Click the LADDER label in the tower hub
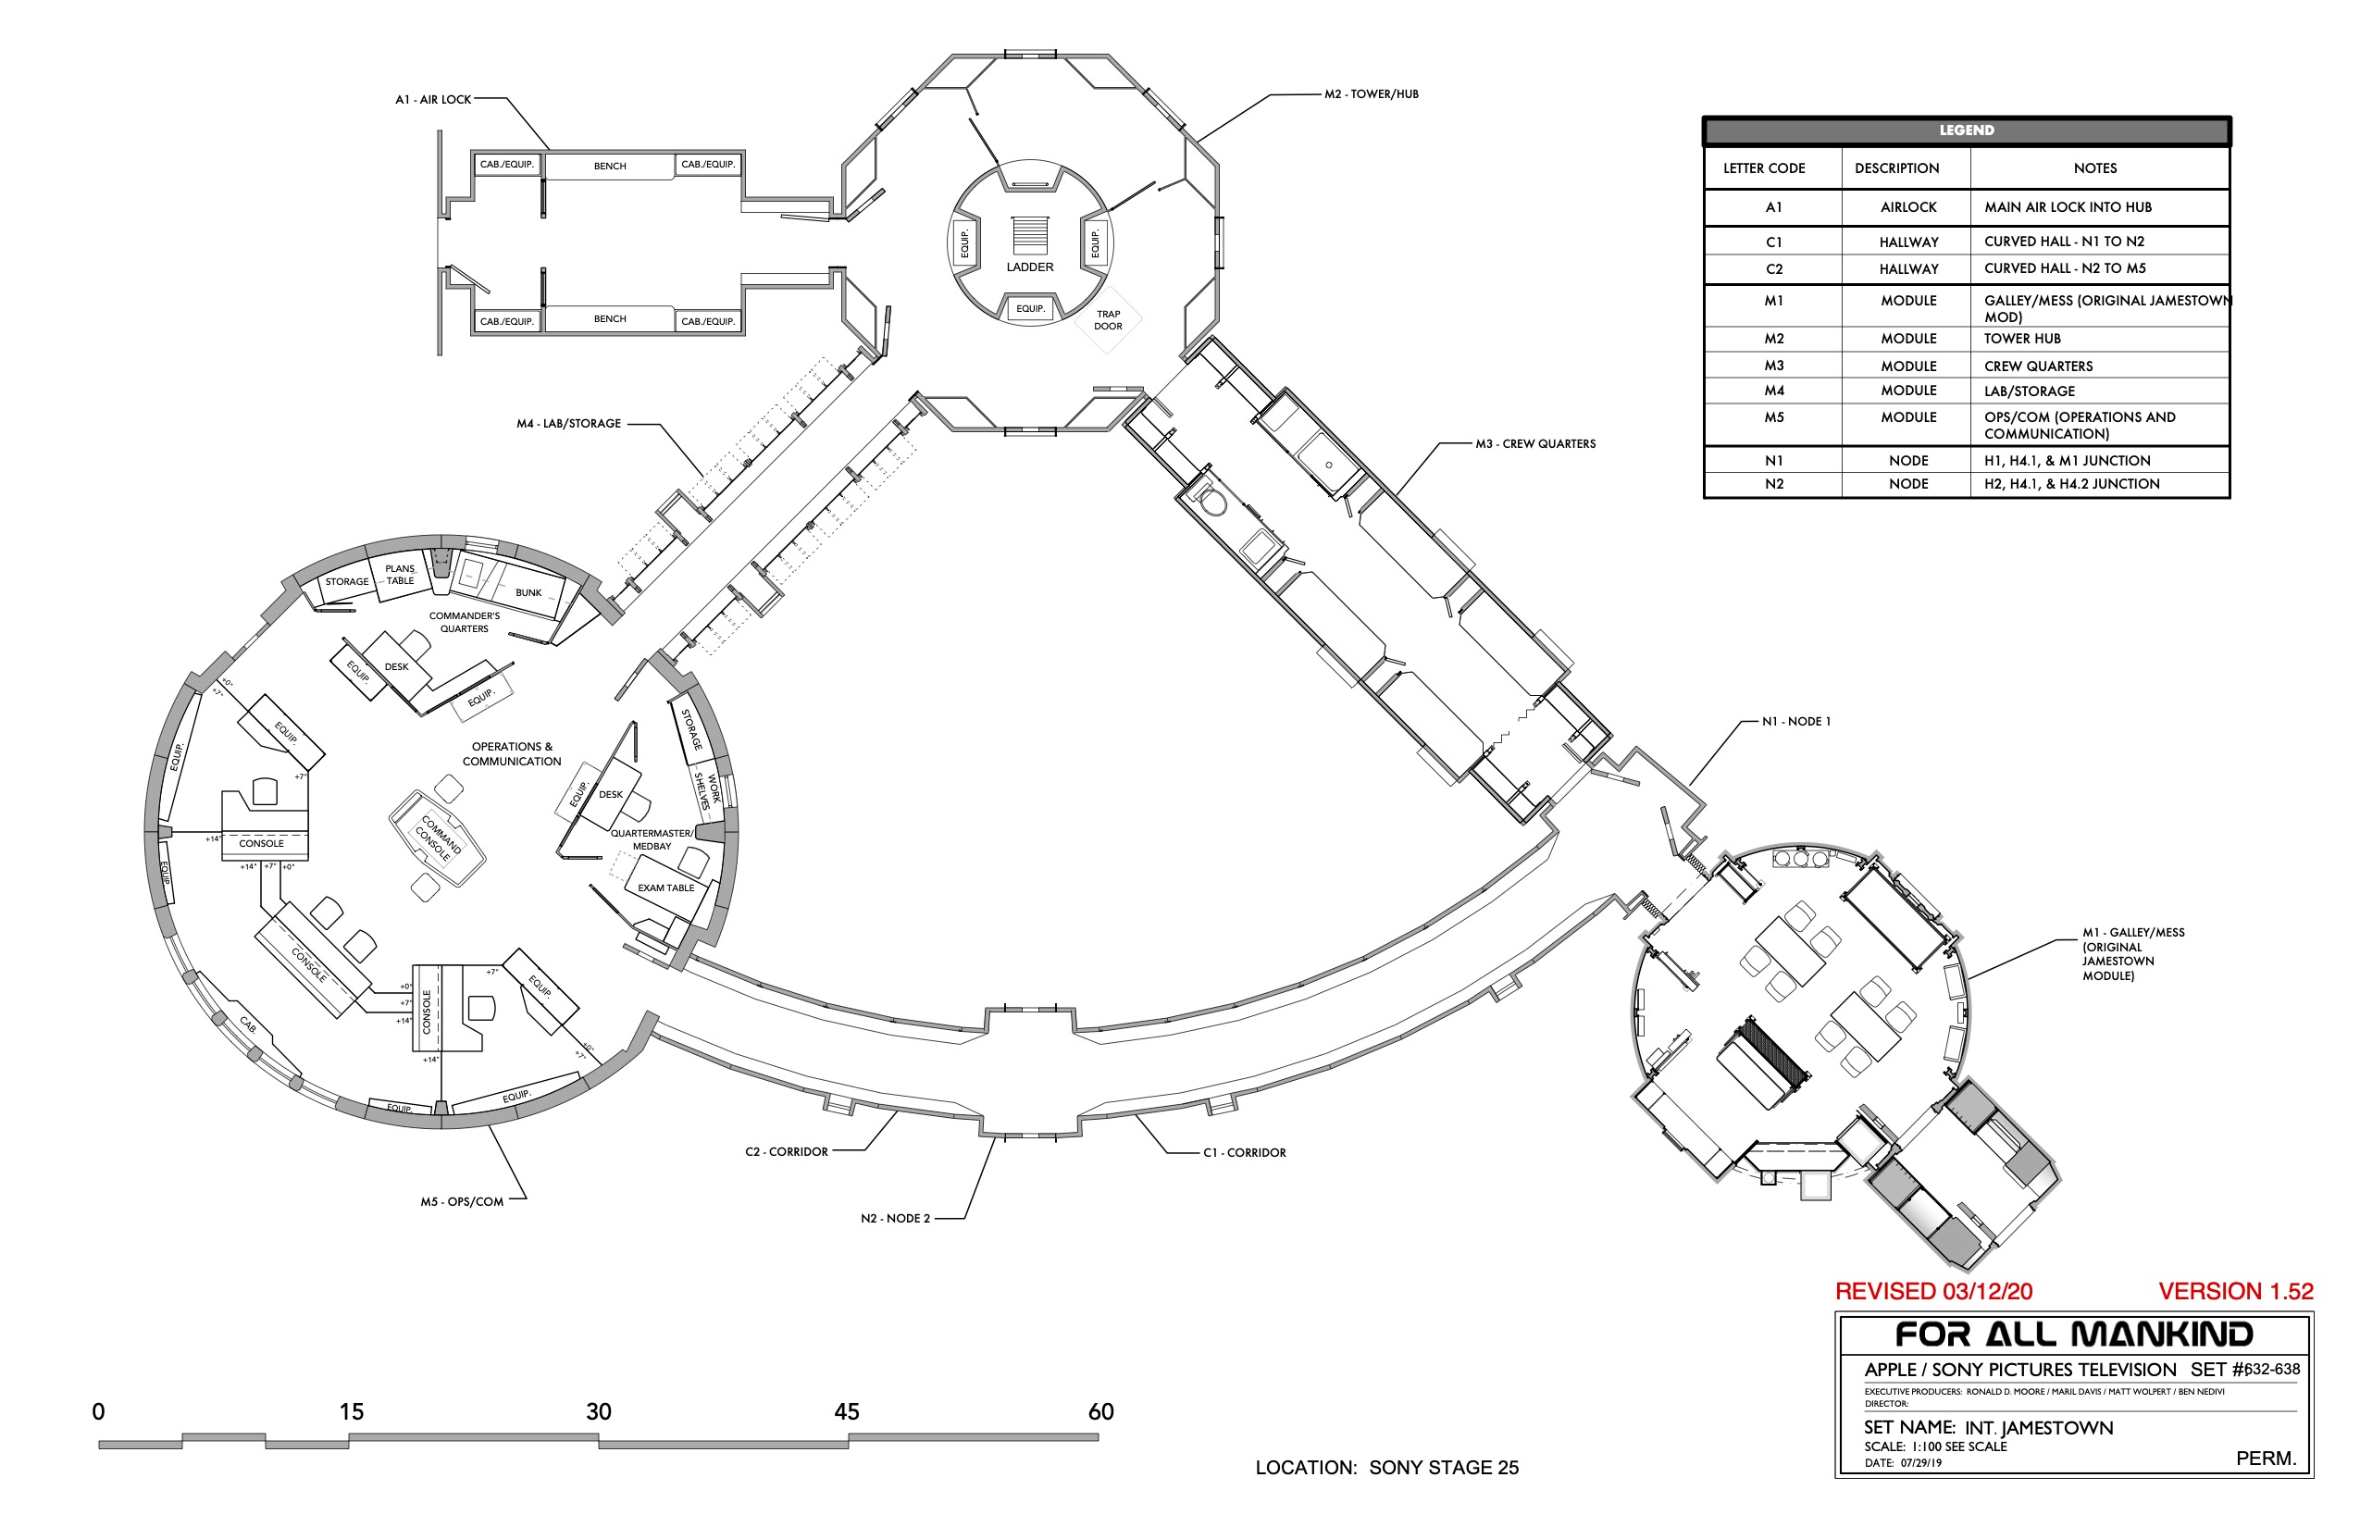pyautogui.click(x=1029, y=267)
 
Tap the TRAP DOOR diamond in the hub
pyautogui.click(x=1108, y=319)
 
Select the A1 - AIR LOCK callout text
pyautogui.click(x=433, y=99)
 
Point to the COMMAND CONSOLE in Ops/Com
pyautogui.click(x=437, y=838)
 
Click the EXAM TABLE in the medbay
pyautogui.click(x=665, y=888)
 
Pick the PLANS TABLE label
pyautogui.click(x=400, y=575)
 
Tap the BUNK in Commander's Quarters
pyautogui.click(x=528, y=592)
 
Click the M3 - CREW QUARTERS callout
pyautogui.click(x=1535, y=443)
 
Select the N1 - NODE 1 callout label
pyautogui.click(x=1795, y=721)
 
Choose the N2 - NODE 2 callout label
pyautogui.click(x=894, y=1218)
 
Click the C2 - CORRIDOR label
pyautogui.click(x=786, y=1151)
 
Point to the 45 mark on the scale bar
pyautogui.click(x=846, y=1411)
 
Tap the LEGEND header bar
pyautogui.click(x=1967, y=130)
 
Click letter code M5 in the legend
pyautogui.click(x=1773, y=417)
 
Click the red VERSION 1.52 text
pyautogui.click(x=2235, y=1291)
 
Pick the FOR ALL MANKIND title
pyautogui.click(x=2073, y=1334)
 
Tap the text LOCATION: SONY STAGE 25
pyautogui.click(x=1386, y=1468)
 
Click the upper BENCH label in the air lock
pyautogui.click(x=610, y=166)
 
